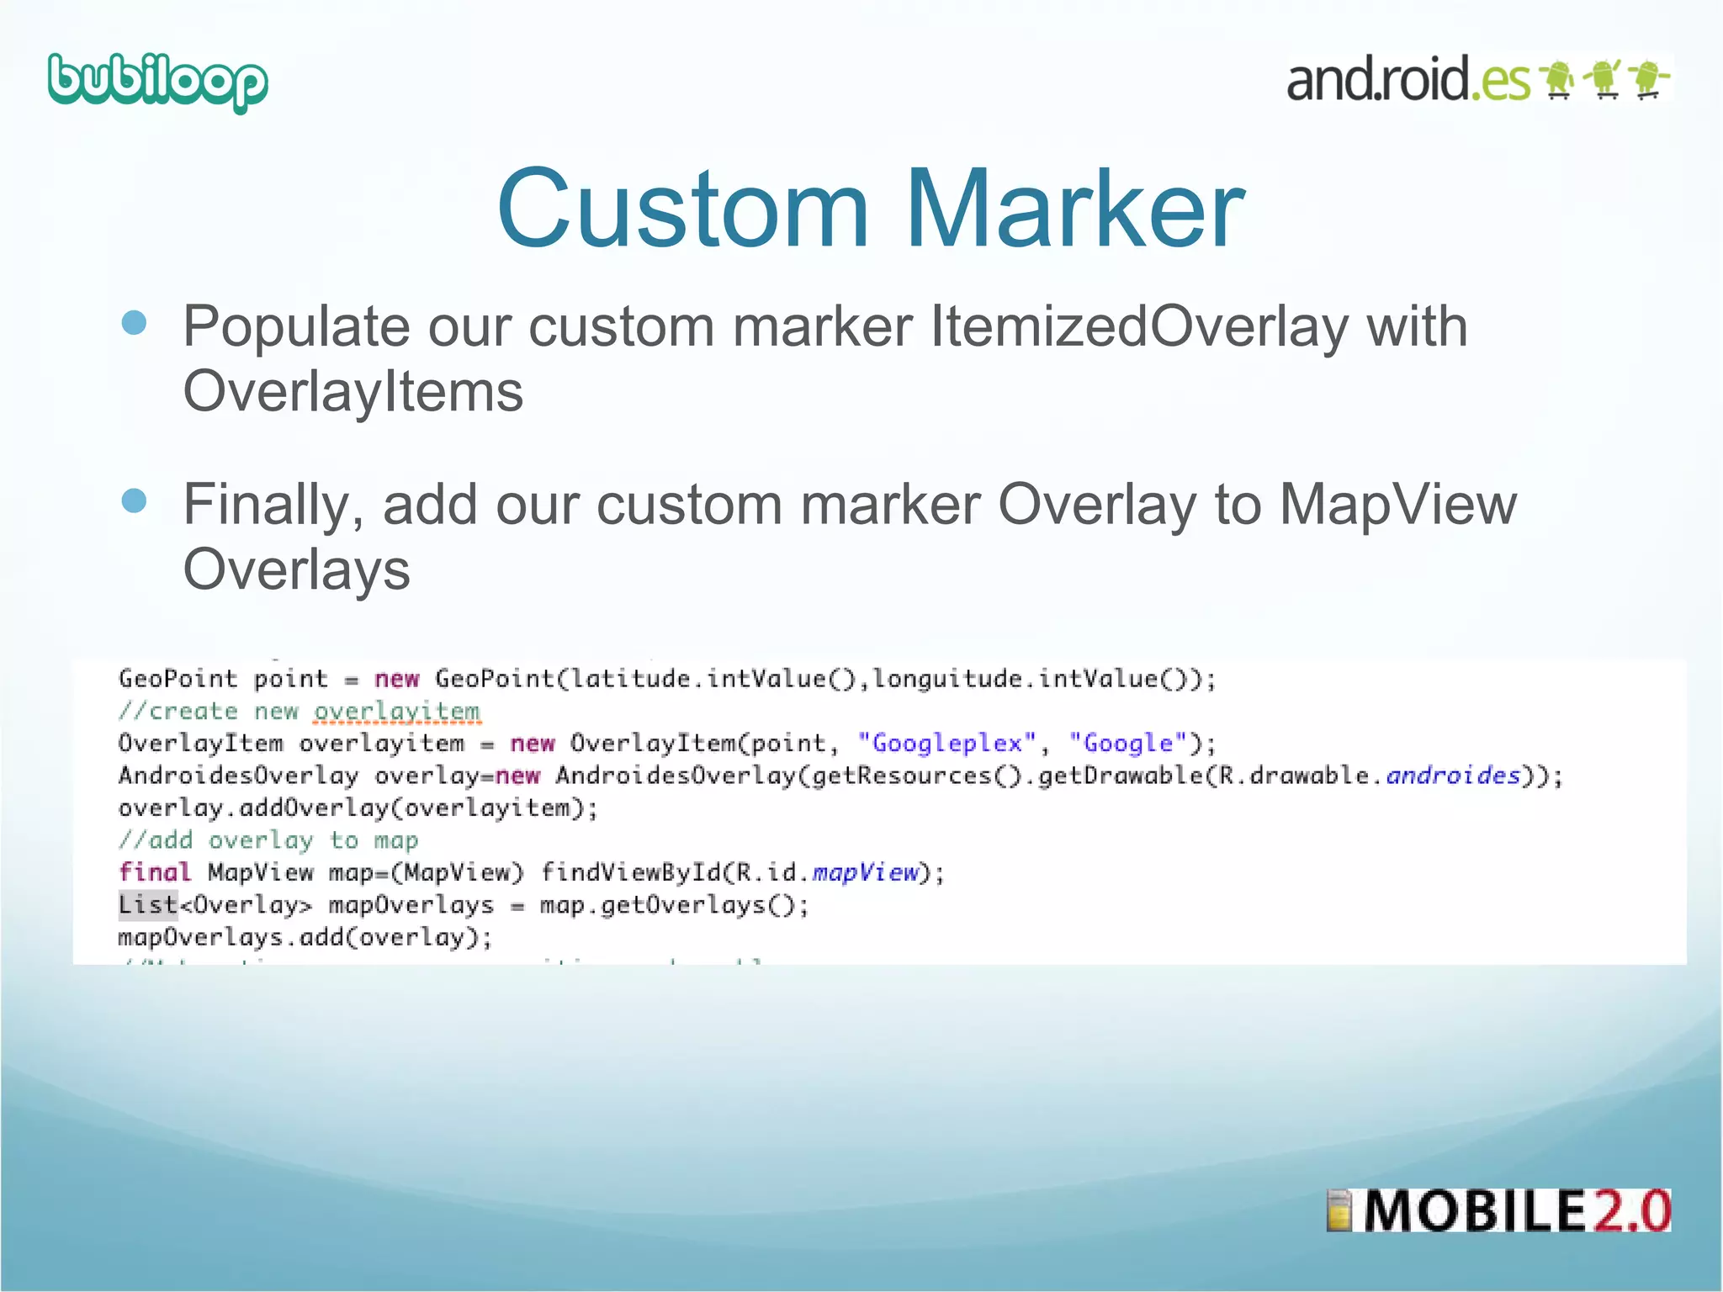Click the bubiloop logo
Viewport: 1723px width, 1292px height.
pos(157,82)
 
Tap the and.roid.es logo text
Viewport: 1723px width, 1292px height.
pos(1408,80)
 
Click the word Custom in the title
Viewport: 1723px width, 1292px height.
pos(682,209)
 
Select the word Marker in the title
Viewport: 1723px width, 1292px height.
pos(1074,209)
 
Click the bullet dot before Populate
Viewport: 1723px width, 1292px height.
pos(134,323)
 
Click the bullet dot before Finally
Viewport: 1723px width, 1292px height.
pos(134,501)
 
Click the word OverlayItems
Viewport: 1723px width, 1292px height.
pos(353,392)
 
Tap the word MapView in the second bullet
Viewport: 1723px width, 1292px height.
pos(1397,505)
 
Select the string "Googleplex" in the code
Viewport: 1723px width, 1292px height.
pos(946,744)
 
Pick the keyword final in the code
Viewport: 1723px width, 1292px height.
pos(155,872)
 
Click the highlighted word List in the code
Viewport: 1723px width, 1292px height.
pos(148,905)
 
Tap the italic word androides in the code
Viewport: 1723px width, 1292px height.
pos(1453,776)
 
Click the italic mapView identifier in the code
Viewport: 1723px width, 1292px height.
pos(865,872)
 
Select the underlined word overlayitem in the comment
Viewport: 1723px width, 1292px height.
pos(396,712)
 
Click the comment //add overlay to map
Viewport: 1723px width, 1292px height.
pos(268,840)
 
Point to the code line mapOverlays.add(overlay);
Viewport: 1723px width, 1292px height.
pos(305,937)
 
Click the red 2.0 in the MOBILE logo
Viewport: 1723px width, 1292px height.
pos(1630,1211)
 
